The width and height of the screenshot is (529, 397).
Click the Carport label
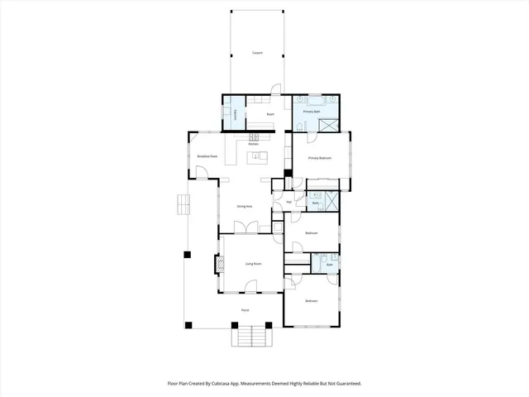click(x=257, y=53)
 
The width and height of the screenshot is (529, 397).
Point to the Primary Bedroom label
click(x=320, y=157)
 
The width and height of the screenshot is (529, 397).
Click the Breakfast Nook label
click(x=207, y=156)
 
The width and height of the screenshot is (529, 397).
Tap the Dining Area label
click(x=245, y=206)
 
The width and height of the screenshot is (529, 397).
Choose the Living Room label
click(x=253, y=264)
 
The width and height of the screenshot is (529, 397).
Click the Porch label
click(x=245, y=310)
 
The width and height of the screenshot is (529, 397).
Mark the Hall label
click(x=288, y=202)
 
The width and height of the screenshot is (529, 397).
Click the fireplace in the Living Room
click(x=220, y=265)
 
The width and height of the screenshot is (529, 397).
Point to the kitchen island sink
click(x=256, y=155)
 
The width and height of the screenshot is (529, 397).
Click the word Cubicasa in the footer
click(x=236, y=384)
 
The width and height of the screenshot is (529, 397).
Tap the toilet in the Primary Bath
click(x=301, y=124)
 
